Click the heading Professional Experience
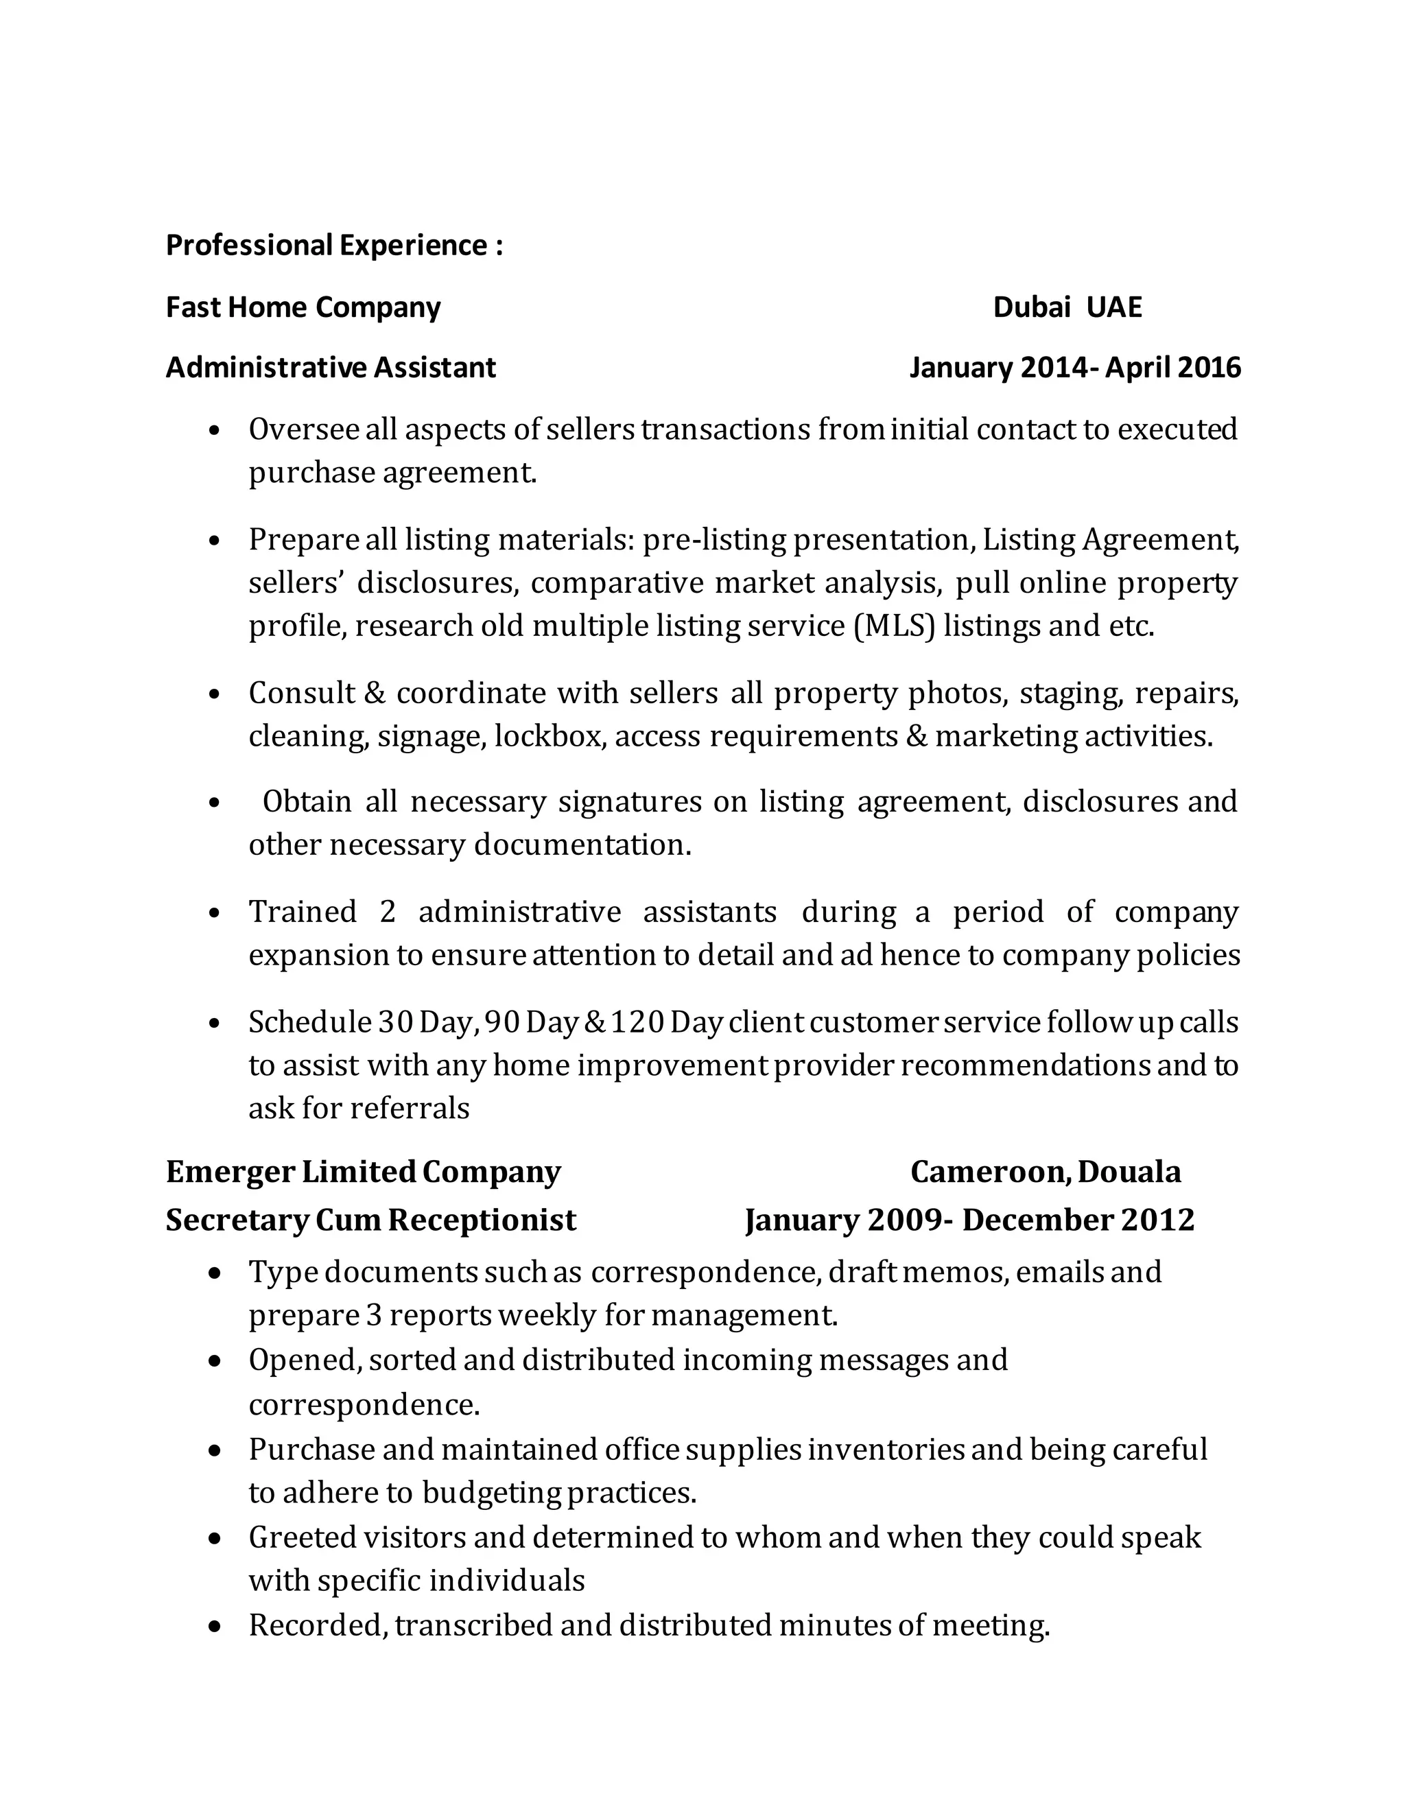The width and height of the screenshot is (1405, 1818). [334, 246]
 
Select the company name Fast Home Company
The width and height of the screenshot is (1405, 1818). [303, 307]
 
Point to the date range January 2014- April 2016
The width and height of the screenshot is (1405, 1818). [1074, 367]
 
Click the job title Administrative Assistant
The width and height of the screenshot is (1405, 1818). [331, 367]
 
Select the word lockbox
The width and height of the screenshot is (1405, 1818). [549, 736]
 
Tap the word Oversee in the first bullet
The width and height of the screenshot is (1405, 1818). [303, 429]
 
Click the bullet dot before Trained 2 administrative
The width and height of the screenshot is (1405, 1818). [215, 913]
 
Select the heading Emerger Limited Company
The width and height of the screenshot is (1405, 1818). [363, 1172]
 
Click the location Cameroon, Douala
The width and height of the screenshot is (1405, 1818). [1046, 1172]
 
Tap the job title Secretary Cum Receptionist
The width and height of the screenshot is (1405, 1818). [370, 1220]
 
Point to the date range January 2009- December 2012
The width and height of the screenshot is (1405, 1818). [969, 1220]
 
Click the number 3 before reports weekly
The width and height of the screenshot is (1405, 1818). [374, 1315]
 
